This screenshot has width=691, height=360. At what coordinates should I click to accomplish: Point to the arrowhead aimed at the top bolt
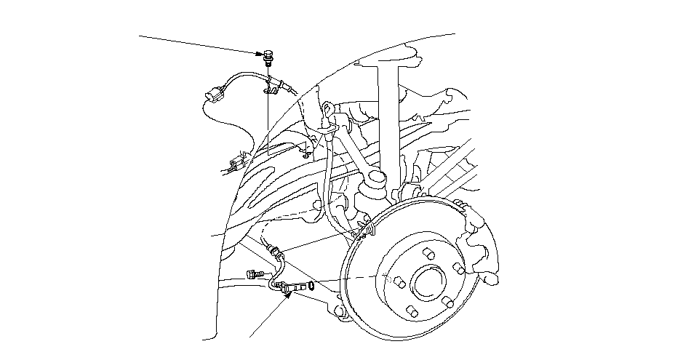pos(261,52)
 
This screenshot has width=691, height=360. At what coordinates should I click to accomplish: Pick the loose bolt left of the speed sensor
pos(252,274)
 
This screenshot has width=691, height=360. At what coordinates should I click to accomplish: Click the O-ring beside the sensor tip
pos(312,285)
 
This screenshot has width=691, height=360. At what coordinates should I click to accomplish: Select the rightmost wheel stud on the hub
pos(458,270)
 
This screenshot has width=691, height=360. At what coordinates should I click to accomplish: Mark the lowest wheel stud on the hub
pos(412,311)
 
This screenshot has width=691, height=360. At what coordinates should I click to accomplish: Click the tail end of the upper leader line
pos(140,35)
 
